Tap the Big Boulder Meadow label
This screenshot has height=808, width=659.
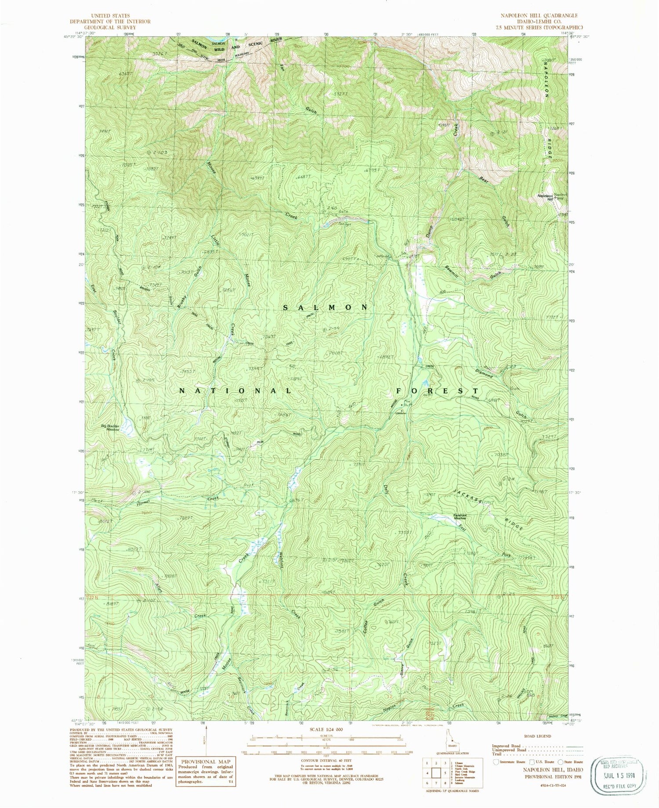110,428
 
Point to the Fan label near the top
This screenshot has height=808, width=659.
282,70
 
